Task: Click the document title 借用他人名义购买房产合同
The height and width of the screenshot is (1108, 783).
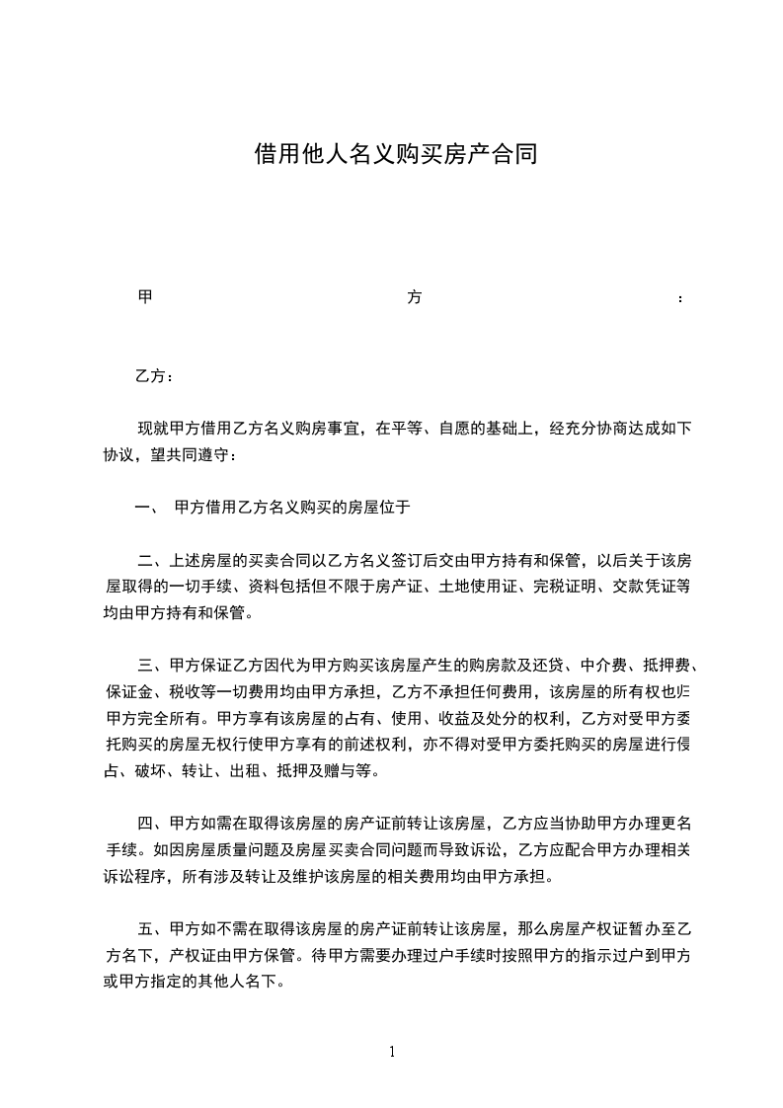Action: coord(395,154)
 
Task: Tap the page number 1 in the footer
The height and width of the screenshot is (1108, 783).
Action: coord(392,1052)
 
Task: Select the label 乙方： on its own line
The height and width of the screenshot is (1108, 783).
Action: coord(155,376)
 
